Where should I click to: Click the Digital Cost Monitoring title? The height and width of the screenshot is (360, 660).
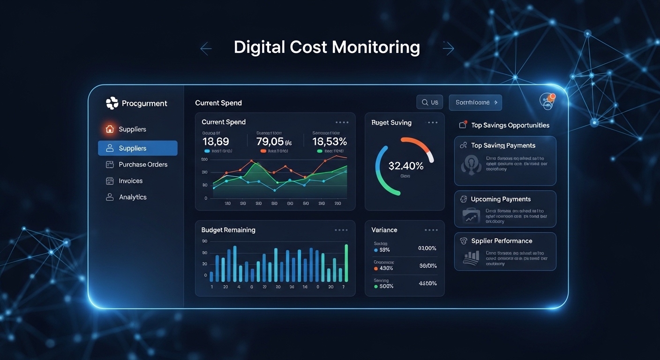point(327,47)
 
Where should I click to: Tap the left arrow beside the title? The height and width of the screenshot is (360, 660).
point(206,48)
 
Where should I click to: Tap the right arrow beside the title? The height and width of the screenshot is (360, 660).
point(448,48)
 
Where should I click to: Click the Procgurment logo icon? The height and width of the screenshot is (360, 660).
point(112,103)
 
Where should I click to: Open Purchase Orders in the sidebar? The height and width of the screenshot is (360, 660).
point(142,165)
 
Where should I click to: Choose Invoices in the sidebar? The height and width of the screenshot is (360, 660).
point(130,181)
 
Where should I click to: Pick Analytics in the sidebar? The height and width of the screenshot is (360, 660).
point(132,197)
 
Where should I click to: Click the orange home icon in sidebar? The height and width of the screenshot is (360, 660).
point(110,129)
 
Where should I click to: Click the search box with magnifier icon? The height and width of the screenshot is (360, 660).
point(429,102)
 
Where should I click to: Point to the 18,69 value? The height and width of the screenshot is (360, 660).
point(216,142)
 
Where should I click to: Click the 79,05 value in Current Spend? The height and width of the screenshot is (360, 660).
point(270,142)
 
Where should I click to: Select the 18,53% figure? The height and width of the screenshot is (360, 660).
point(330,142)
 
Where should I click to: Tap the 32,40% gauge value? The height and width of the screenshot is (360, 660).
point(405,165)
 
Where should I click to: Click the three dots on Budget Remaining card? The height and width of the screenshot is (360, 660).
point(341,230)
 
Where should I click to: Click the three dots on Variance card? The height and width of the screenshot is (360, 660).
point(431,230)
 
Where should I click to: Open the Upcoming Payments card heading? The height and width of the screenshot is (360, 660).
point(501,199)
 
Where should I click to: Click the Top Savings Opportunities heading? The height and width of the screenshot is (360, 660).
point(510,125)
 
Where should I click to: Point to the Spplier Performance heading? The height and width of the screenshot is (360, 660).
point(502,241)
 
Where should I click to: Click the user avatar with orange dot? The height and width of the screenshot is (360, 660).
point(547,102)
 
